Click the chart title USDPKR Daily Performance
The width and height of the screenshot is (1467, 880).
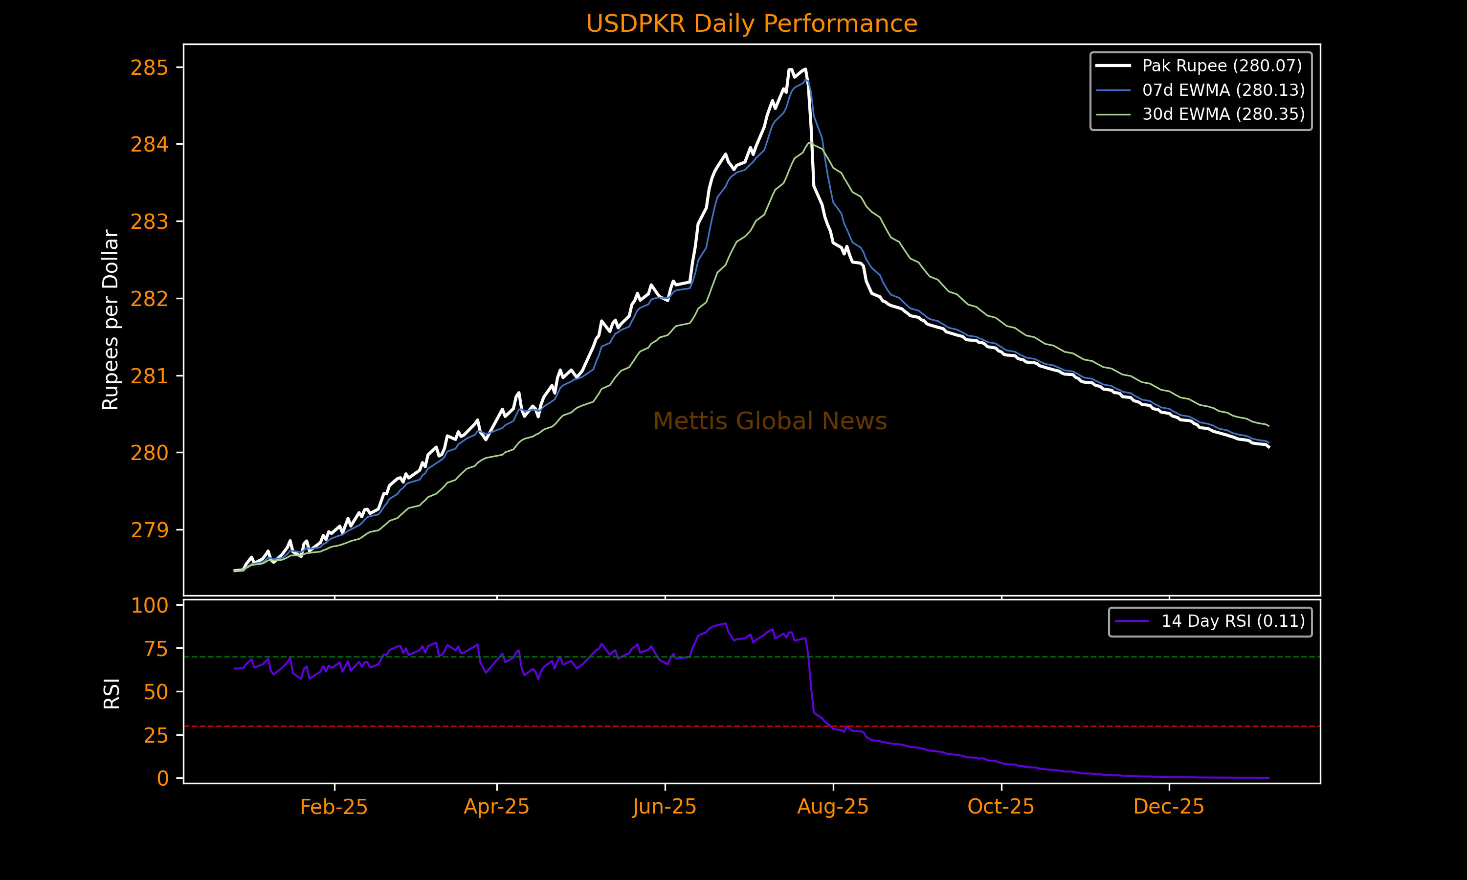(751, 24)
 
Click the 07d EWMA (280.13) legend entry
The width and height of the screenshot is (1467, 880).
(1223, 90)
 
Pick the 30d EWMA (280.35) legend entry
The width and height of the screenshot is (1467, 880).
(1223, 114)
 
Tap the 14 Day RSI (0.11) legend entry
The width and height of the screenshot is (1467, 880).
(1233, 621)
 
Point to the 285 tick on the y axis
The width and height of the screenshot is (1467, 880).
(150, 67)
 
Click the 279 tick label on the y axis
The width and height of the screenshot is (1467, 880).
(150, 529)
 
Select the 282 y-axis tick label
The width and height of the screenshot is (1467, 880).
(150, 299)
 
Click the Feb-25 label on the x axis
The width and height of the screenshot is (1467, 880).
(334, 807)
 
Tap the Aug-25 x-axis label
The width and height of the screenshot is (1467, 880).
(833, 807)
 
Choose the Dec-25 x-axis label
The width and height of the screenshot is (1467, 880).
(1169, 807)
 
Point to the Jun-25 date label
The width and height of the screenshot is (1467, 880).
(664, 807)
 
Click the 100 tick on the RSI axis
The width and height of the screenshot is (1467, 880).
(150, 605)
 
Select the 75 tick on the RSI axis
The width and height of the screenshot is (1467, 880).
(156, 649)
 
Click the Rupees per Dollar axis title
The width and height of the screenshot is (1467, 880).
(111, 320)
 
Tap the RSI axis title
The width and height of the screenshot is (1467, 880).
(111, 693)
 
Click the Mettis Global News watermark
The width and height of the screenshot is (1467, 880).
(770, 421)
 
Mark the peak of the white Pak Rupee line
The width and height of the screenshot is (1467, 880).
(805, 69)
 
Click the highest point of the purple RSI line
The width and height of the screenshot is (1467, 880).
(725, 623)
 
